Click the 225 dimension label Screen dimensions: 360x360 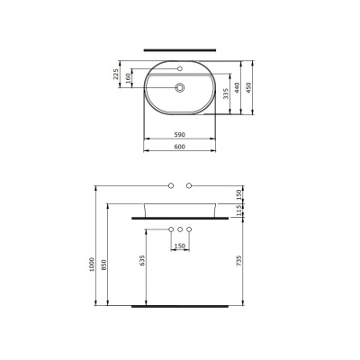115,75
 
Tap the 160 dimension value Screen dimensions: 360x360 128,78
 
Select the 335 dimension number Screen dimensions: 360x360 226,94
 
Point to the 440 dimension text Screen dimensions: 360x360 238,87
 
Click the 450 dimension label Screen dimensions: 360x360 248,87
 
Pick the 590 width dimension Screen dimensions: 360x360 180,135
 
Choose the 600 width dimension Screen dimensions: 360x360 180,147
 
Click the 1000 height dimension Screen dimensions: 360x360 92,265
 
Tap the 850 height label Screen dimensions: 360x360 103,265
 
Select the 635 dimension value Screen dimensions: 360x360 142,260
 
